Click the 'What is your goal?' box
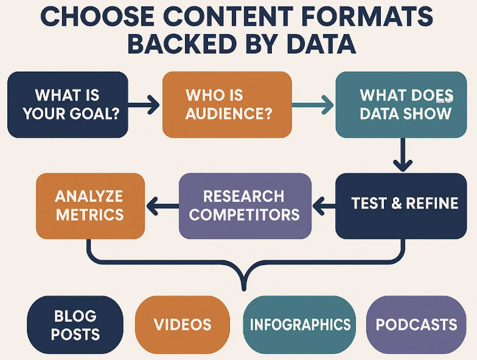[68, 105]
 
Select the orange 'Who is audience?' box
[227, 105]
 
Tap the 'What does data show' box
[401, 105]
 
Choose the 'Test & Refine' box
[401, 206]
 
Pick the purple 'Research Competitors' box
[245, 206]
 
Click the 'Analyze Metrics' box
[90, 206]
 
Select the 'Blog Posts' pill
[75, 325]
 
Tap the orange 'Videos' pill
[183, 325]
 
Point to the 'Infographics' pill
[299, 325]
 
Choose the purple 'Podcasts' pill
[416, 325]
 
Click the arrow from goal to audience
[144, 105]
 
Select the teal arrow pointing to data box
[313, 105]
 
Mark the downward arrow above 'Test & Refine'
[403, 154]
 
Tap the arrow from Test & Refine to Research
[324, 206]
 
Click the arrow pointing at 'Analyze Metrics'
[162, 206]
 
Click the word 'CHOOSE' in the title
[97, 16]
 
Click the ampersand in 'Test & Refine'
[397, 203]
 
